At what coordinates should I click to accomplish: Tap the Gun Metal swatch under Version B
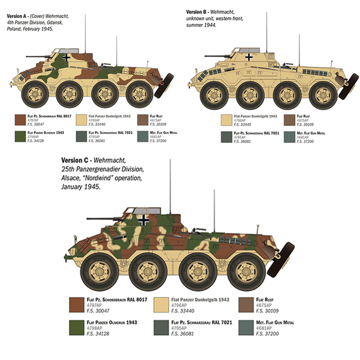point(289,137)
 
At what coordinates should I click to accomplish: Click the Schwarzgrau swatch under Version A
point(81,137)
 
